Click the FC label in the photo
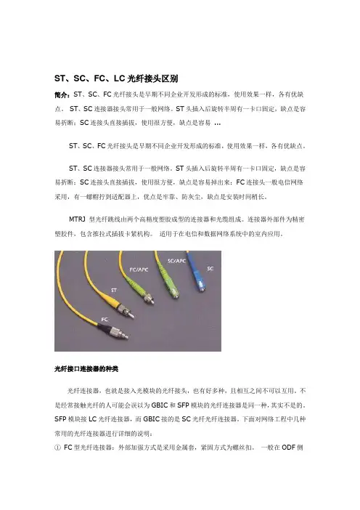105,320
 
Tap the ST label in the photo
114,290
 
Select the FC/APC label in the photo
139,270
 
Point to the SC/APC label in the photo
177,261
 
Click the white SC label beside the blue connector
210,269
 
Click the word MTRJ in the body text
77,219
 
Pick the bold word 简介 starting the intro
62,95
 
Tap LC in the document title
119,78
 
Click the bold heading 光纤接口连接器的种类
86,369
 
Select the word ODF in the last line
288,448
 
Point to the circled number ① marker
58,448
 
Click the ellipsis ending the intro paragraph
217,124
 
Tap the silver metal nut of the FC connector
116,333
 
